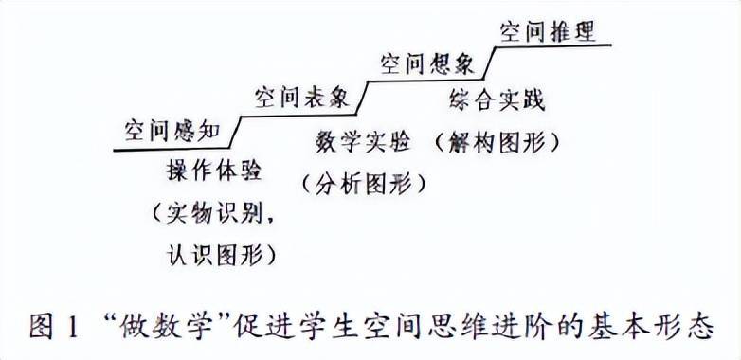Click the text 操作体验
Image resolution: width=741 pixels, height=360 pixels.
[x=213, y=171]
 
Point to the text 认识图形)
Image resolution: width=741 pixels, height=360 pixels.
[x=215, y=253]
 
